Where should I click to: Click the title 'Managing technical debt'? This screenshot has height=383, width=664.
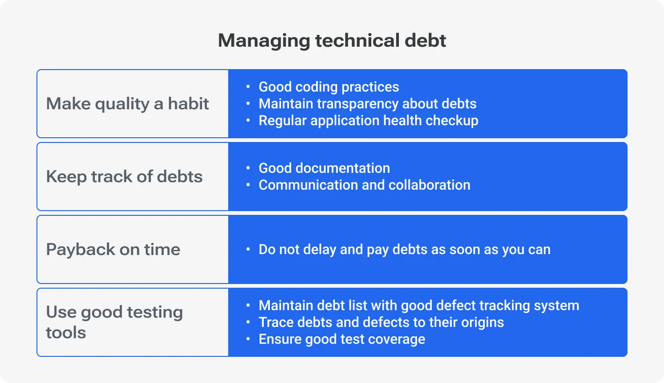[x=332, y=41]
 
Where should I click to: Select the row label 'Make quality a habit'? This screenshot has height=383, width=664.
[x=127, y=104]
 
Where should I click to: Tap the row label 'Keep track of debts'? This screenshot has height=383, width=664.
[x=124, y=177]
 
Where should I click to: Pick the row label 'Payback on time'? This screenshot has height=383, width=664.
[x=113, y=249]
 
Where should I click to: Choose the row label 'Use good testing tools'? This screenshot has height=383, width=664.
[x=114, y=322]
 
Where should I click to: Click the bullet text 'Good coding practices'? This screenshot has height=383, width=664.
[x=329, y=87]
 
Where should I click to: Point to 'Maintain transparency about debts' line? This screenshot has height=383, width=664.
[x=368, y=104]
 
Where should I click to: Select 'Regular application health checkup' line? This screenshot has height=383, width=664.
[x=368, y=121]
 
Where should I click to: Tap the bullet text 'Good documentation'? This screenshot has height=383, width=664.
[x=324, y=168]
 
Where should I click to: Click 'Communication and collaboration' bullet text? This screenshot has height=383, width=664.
[x=364, y=185]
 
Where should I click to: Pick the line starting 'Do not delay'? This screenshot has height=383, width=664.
[x=404, y=249]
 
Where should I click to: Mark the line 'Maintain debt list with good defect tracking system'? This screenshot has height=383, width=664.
[x=419, y=305]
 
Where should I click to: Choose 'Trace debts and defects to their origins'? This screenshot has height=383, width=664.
[x=381, y=322]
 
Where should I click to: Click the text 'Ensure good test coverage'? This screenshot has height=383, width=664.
[x=342, y=339]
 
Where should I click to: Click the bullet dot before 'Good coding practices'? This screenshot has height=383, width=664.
[x=248, y=87]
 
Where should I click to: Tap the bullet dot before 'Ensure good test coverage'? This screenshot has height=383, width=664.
[x=248, y=340]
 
